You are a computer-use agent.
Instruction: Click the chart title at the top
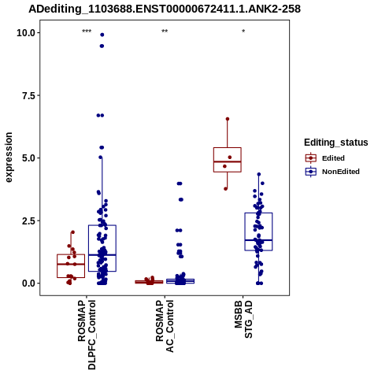pyautogui.click(x=165, y=9)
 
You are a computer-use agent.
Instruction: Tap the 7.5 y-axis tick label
pyautogui.click(x=29, y=95)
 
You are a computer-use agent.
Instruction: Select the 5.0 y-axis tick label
pyautogui.click(x=29, y=158)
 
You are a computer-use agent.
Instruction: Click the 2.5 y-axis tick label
pyautogui.click(x=29, y=220)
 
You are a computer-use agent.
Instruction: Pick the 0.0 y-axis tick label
pyautogui.click(x=29, y=283)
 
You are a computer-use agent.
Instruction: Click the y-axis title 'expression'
pyautogui.click(x=9, y=157)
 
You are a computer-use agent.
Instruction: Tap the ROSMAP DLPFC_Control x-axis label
pyautogui.click(x=87, y=335)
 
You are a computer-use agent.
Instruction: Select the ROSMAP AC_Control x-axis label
pyautogui.click(x=165, y=326)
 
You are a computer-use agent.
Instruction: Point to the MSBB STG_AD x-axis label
pyautogui.click(x=243, y=319)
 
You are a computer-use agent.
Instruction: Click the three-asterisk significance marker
pyautogui.click(x=87, y=31)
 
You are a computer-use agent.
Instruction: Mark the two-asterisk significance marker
pyautogui.click(x=165, y=31)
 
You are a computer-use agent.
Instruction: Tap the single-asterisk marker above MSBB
pyautogui.click(x=243, y=31)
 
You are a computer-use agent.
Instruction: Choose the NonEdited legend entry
pyautogui.click(x=332, y=172)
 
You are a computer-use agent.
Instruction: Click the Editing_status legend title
pyautogui.click(x=336, y=143)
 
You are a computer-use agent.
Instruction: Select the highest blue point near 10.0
pyautogui.click(x=102, y=35)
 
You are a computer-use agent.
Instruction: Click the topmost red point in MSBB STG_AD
pyautogui.click(x=228, y=119)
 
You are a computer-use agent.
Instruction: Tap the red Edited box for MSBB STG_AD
pyautogui.click(x=228, y=160)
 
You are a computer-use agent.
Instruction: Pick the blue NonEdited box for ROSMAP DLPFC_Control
pyautogui.click(x=102, y=248)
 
